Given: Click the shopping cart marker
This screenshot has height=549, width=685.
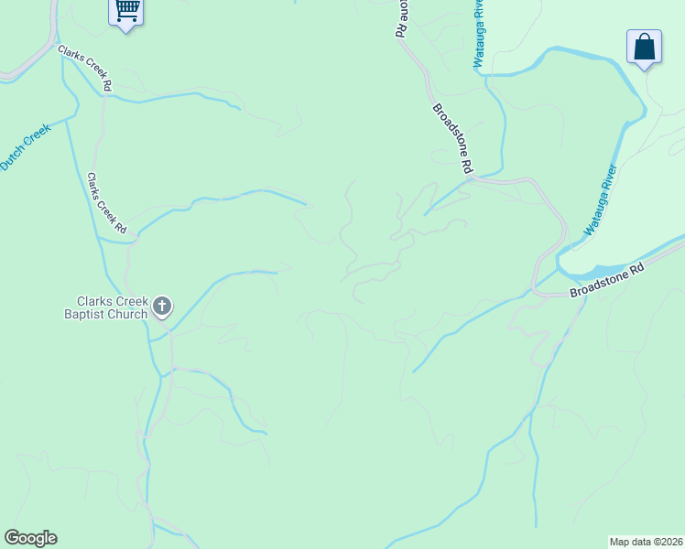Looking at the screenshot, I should point(126,12).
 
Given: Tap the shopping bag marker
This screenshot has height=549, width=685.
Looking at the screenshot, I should point(644,47).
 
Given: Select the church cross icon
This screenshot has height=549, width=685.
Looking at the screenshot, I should point(162,307).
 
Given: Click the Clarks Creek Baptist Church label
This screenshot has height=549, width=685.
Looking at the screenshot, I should point(112,307).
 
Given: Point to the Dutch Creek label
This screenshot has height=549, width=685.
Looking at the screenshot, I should point(24,146).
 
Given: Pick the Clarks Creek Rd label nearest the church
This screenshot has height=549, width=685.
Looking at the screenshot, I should point(107,201).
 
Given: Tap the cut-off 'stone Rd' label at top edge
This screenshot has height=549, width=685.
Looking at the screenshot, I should point(401,16).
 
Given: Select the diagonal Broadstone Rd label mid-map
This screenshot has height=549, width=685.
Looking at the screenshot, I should point(452,138).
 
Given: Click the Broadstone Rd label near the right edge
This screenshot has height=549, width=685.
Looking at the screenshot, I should point(607,280).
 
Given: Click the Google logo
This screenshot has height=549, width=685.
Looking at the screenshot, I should point(30,538).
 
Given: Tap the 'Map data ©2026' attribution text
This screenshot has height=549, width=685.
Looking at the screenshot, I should point(646,541).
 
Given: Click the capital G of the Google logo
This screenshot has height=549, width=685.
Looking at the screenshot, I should point(12,538).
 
